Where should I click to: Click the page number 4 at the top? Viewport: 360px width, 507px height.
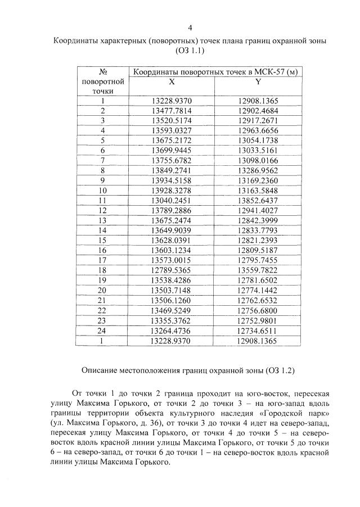coord(190,28)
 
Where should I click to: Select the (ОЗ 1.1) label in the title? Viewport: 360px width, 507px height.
coord(190,51)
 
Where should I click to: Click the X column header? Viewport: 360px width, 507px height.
coord(172,82)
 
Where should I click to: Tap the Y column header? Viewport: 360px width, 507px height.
coord(258,82)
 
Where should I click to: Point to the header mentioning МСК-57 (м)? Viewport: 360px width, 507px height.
coord(214,72)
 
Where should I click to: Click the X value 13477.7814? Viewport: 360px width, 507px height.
coord(172,111)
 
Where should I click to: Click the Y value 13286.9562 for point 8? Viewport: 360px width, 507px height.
coord(258,170)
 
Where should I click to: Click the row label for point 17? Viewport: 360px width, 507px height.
coord(103,259)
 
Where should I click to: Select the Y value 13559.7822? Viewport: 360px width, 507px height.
coord(258,269)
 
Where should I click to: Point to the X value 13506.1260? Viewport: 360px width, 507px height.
coord(172,299)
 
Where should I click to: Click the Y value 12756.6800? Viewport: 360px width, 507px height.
coord(258,309)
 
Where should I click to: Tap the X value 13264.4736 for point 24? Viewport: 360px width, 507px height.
coord(172,329)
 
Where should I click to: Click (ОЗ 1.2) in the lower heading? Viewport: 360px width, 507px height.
coord(276,371)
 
